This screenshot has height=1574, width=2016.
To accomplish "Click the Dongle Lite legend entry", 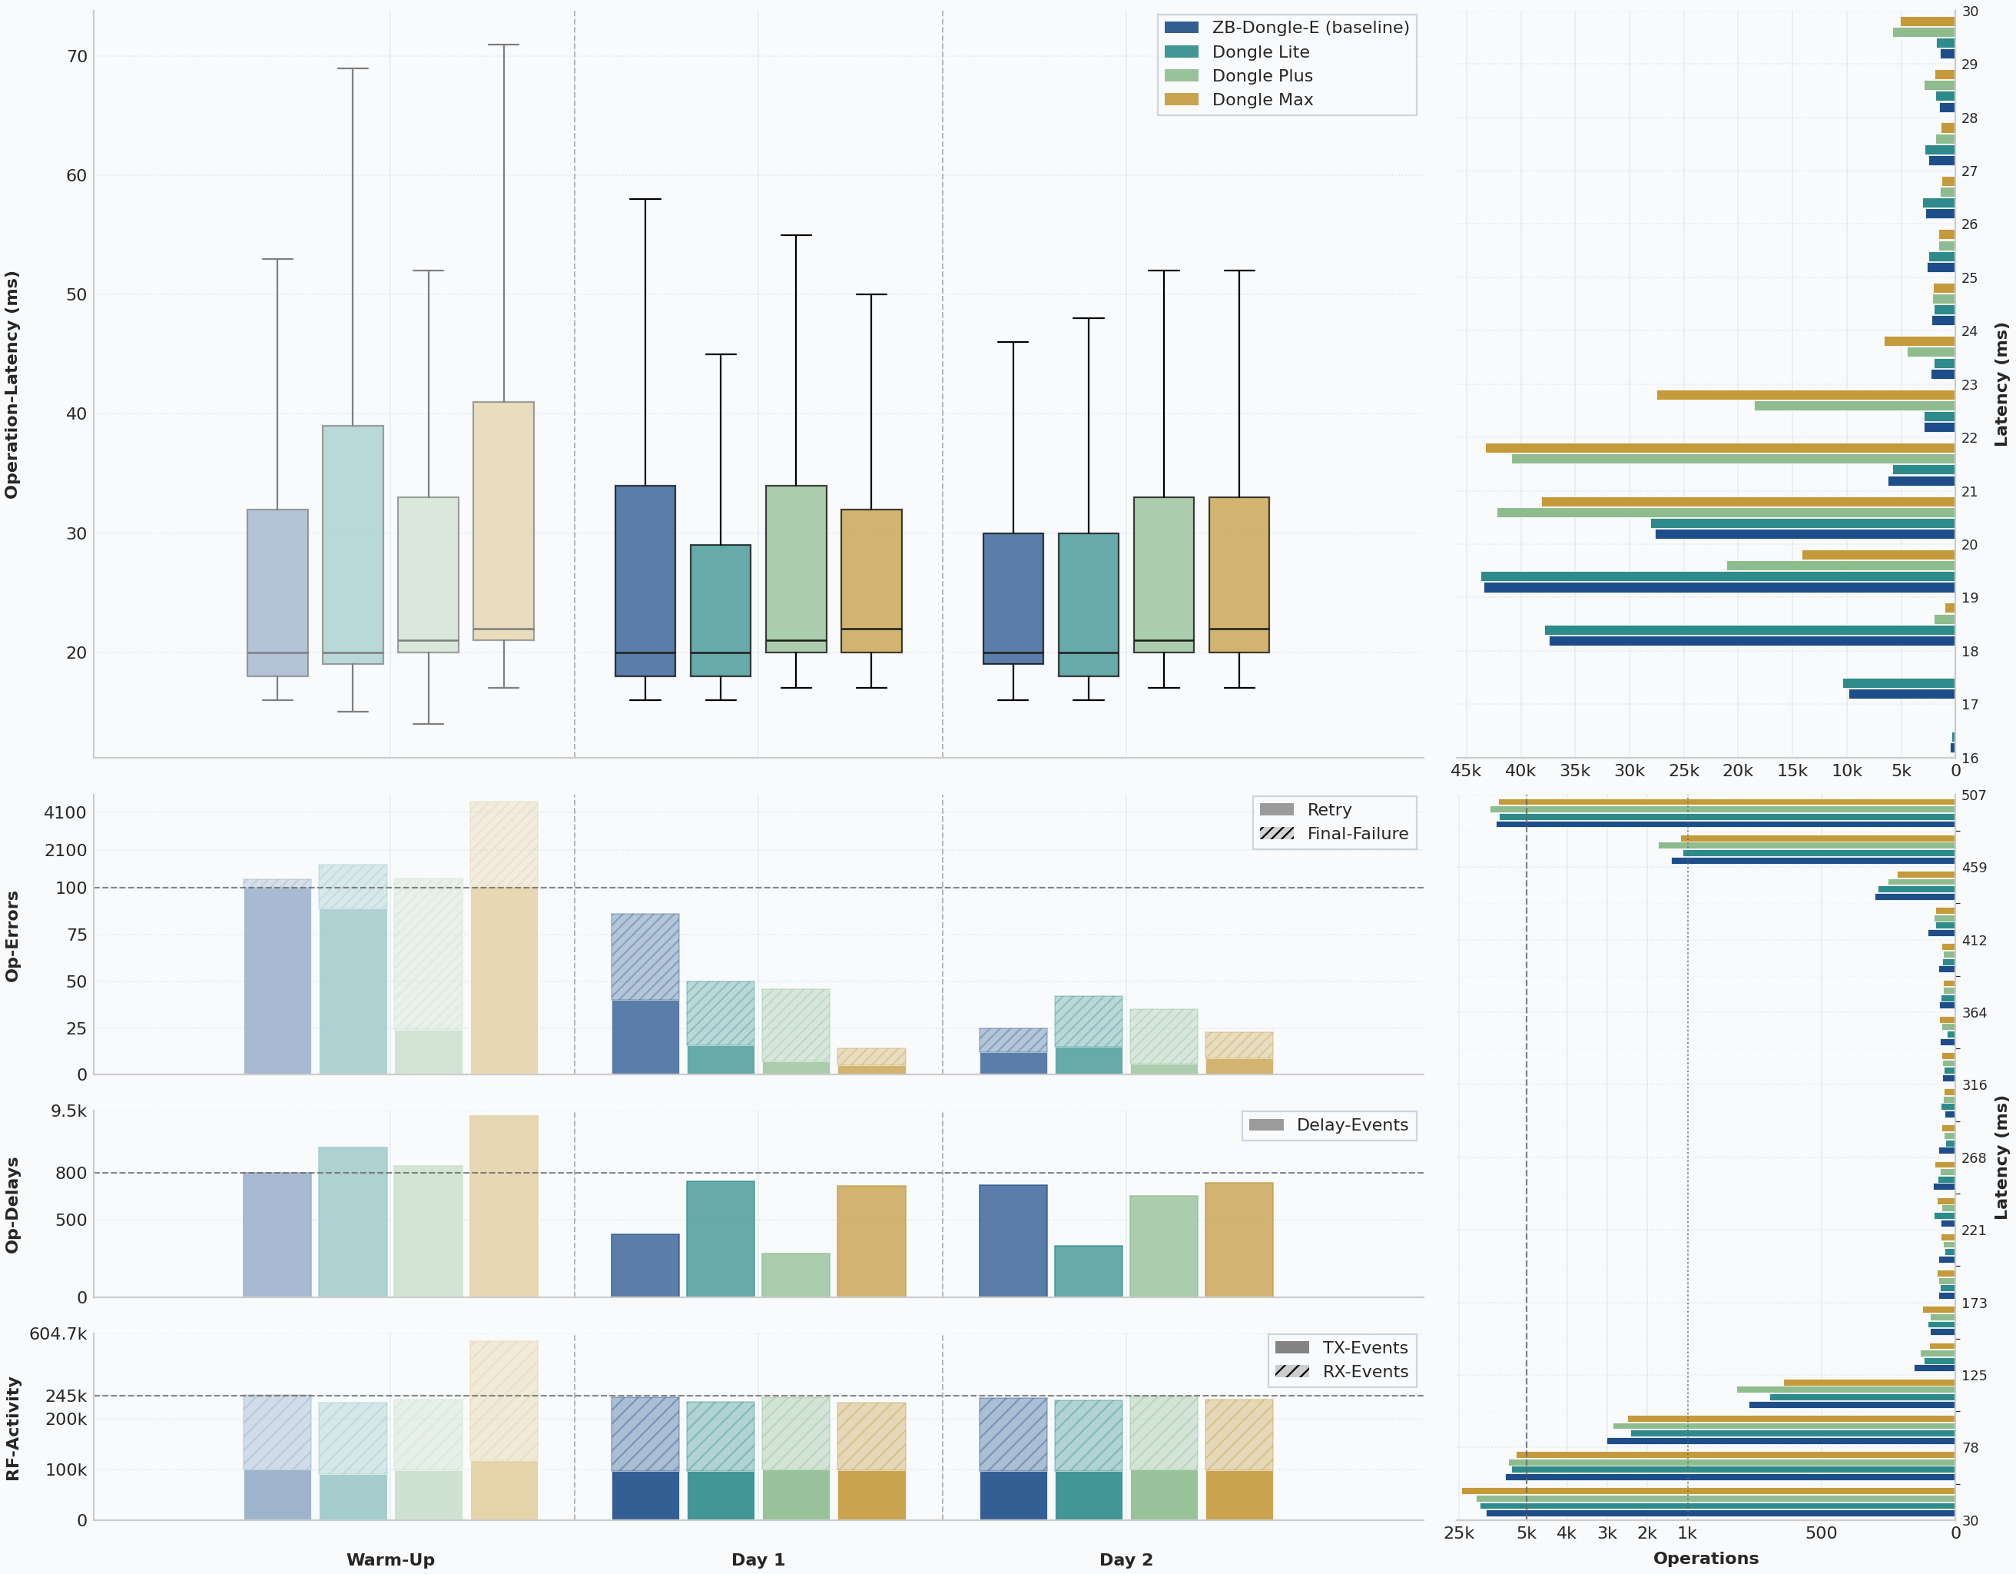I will (x=1260, y=51).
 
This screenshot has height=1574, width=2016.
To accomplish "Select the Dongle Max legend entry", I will (x=1262, y=100).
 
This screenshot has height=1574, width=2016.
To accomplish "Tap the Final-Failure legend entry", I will (x=1357, y=834).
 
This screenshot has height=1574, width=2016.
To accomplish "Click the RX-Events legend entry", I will (x=1364, y=1372).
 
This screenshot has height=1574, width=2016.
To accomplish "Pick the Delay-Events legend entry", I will (x=1351, y=1125).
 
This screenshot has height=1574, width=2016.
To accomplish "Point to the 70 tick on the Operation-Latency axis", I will (x=77, y=56).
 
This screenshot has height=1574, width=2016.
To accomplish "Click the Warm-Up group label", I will (x=390, y=1559).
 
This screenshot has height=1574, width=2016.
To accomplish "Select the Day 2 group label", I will (x=1126, y=1559).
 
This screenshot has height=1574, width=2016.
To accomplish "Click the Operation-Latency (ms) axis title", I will (x=12, y=384).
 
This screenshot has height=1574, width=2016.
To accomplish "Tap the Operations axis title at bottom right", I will (x=1705, y=1559).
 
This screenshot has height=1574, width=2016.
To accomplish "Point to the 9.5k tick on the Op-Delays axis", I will (x=68, y=1111).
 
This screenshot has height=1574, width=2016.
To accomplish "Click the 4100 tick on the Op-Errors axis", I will (x=65, y=812).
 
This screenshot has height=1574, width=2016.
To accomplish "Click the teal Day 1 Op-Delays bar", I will (x=720, y=1239).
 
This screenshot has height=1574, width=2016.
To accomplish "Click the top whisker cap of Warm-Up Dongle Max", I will (x=503, y=45).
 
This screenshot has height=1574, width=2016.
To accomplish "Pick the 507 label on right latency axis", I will (x=1974, y=795).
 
